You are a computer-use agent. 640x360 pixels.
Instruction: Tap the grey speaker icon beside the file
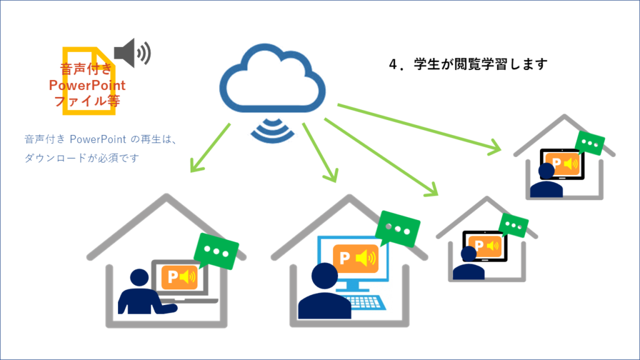click(x=131, y=52)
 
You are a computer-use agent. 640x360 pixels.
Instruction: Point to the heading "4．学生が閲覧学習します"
click(x=467, y=64)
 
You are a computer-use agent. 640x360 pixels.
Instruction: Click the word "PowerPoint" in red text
click(x=87, y=86)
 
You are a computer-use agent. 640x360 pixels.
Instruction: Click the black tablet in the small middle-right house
click(x=483, y=246)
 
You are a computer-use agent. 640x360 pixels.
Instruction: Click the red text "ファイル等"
click(x=87, y=100)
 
